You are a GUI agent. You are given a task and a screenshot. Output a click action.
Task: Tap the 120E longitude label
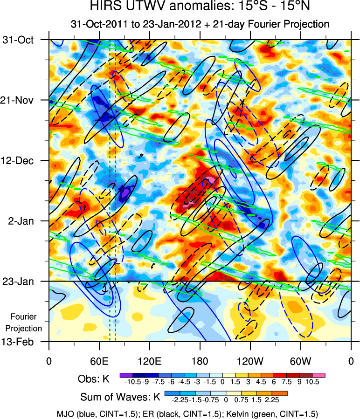[149, 360]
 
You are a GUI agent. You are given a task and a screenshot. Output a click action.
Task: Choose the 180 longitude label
[200, 360]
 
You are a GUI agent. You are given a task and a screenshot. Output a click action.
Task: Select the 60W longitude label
[300, 360]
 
